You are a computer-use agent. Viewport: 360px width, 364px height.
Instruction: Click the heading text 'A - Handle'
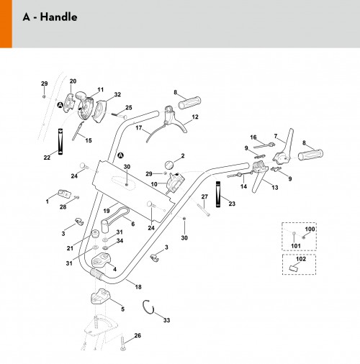point(50,17)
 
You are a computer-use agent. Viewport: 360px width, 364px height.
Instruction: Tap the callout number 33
point(166,320)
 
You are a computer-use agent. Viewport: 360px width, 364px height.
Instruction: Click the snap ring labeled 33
point(148,306)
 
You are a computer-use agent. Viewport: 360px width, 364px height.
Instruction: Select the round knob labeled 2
point(169,165)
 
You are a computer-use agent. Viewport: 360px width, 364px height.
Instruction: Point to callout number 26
point(138,335)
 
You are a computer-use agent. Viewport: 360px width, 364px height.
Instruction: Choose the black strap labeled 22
point(60,142)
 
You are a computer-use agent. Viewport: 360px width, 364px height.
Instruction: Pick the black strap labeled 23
point(218,194)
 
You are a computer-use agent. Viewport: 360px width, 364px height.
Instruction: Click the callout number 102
point(301,259)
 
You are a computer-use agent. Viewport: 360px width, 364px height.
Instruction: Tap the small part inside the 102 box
point(294,268)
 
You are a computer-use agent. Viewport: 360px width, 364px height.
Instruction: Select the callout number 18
point(138,286)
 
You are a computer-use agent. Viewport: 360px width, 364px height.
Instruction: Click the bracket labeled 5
point(100,296)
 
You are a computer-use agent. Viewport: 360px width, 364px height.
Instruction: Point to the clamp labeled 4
point(101,260)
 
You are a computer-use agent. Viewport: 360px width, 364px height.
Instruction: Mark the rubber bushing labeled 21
point(95,233)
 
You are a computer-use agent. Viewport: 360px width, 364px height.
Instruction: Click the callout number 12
point(195,117)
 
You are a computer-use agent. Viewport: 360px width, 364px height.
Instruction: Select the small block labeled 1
point(64,194)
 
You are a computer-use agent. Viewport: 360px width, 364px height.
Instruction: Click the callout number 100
point(310,229)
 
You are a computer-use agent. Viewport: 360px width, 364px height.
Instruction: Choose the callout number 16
point(253,137)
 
